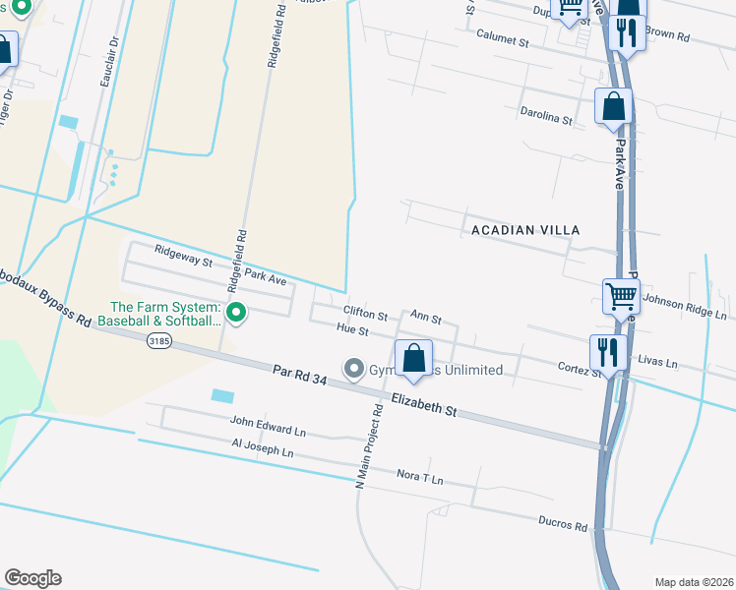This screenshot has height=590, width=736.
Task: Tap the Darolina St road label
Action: click(546, 117)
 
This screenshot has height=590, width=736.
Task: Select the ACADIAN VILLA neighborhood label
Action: click(525, 229)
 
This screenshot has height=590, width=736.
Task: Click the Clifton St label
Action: click(365, 316)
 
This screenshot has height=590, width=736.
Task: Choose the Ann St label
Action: click(425, 320)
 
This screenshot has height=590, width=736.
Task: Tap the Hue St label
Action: click(351, 331)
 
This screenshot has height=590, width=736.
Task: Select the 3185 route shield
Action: click(159, 340)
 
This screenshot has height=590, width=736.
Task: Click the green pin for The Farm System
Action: click(236, 313)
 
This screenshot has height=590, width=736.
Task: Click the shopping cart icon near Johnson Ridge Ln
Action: click(621, 295)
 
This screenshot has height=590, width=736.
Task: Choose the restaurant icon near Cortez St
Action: click(608, 352)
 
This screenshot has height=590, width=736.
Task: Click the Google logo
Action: click(32, 578)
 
